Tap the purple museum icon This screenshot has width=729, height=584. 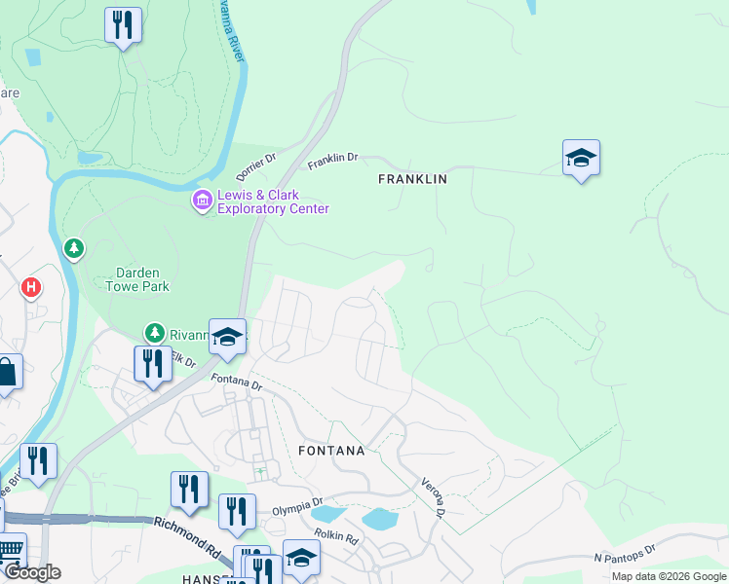(202, 201)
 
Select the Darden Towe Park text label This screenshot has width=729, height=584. (137, 279)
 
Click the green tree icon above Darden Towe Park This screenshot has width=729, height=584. (73, 250)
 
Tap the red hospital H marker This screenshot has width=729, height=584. (32, 287)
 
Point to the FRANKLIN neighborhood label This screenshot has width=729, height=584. (412, 179)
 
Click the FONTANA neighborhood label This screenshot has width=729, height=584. (332, 451)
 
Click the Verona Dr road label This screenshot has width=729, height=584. (434, 497)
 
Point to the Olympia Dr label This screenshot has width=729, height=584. (296, 508)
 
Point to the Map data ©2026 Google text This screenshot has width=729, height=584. (668, 576)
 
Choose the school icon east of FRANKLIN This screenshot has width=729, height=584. (581, 159)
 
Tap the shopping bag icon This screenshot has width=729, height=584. (6, 372)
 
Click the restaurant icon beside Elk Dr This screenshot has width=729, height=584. (152, 365)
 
